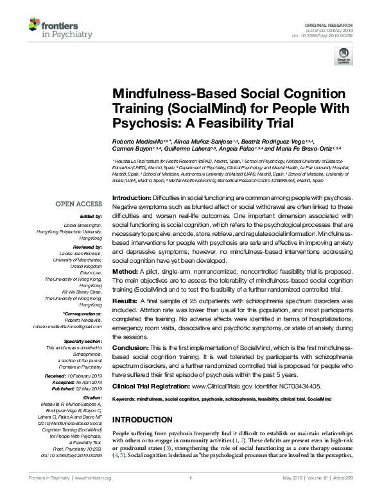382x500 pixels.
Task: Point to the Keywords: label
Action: coord(126,399)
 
